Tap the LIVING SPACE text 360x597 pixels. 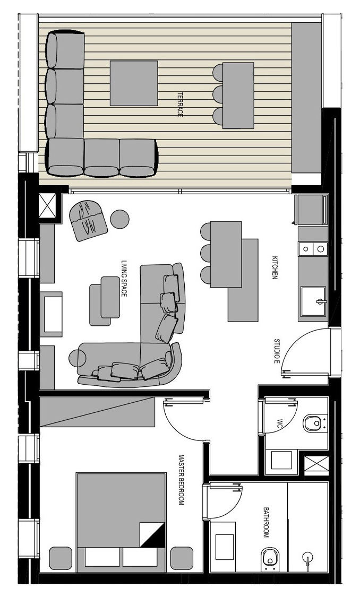(124, 279)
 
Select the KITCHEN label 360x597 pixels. (273, 267)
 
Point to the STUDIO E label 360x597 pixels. (277, 350)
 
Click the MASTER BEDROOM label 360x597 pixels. (182, 480)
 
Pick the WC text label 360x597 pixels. (279, 423)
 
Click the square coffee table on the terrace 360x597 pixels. (134, 83)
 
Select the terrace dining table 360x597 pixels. (238, 96)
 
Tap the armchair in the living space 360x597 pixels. (88, 220)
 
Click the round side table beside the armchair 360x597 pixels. (119, 219)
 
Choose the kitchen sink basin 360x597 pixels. (313, 302)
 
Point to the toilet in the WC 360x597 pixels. (315, 423)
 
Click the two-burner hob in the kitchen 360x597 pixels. (313, 249)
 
